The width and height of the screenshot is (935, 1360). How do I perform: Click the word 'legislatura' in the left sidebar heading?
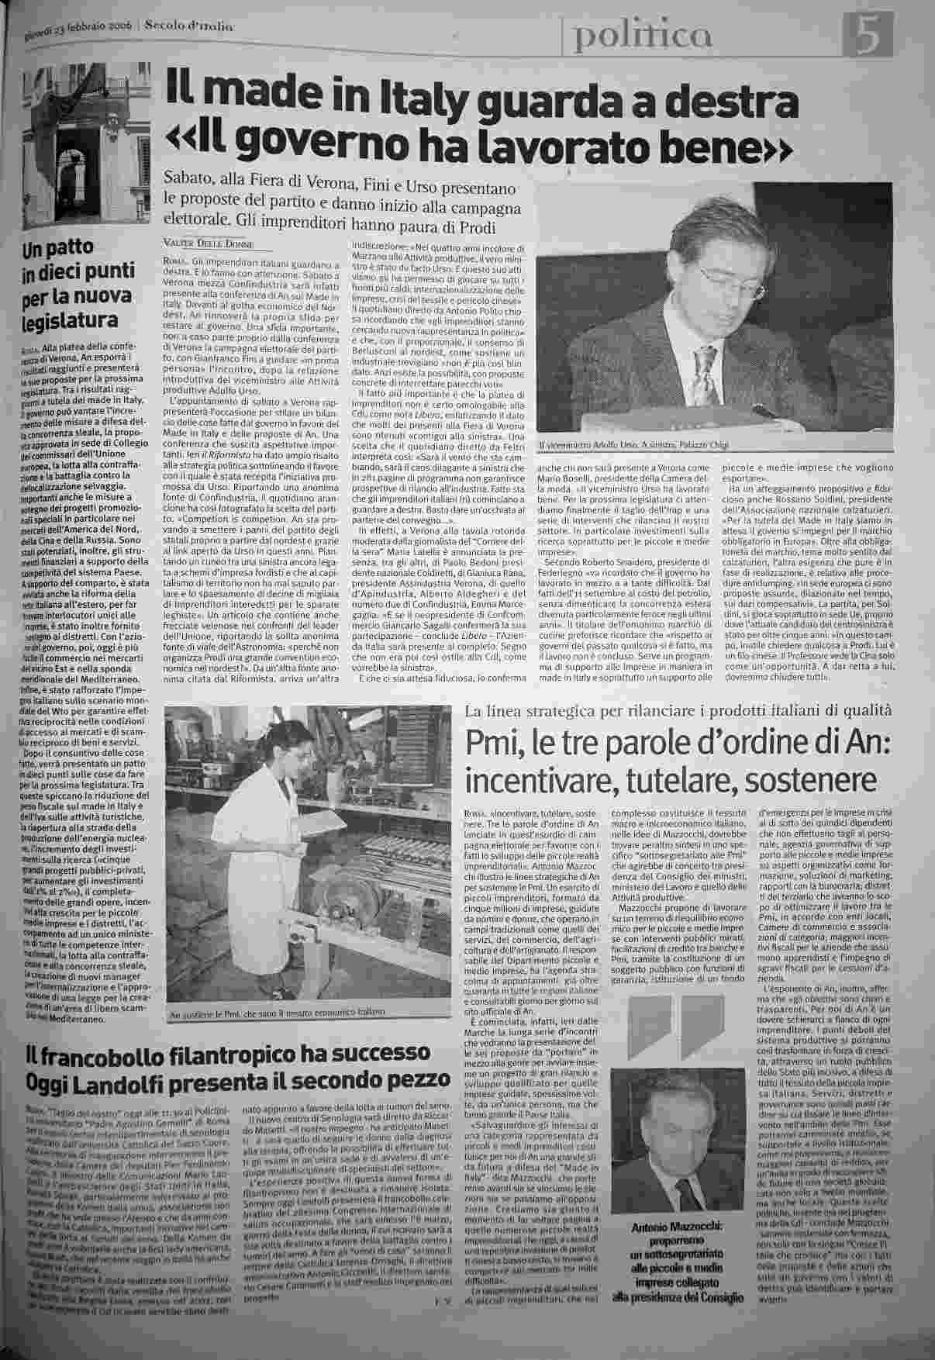[x=70, y=321]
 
